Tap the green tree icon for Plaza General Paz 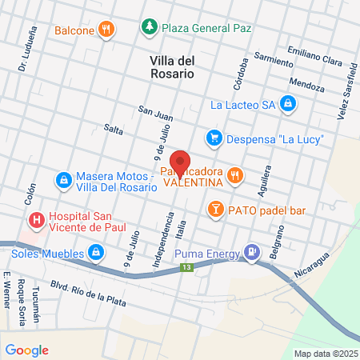pyautogui.click(x=149, y=27)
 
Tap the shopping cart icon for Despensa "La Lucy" pyautogui.click(x=214, y=138)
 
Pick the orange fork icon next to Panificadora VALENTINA pyautogui.click(x=234, y=174)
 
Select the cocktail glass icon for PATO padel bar pyautogui.click(x=214, y=210)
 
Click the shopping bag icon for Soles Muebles pyautogui.click(x=95, y=254)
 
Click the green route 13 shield pyautogui.click(x=186, y=267)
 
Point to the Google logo pyautogui.click(x=27, y=350)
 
